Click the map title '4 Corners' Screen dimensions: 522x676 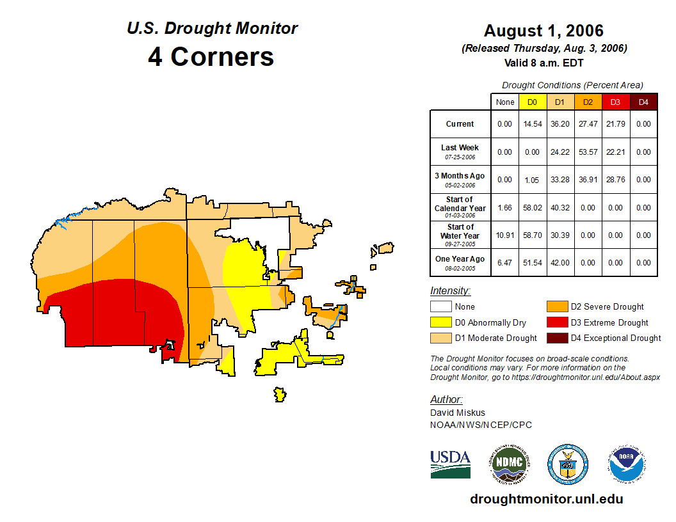click(x=211, y=57)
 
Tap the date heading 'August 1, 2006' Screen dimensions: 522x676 click(x=543, y=31)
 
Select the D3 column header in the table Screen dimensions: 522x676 click(x=615, y=102)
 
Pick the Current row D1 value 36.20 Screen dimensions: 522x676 click(x=560, y=124)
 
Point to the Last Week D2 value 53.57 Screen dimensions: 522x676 click(x=588, y=152)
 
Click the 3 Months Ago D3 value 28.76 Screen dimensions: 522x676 click(x=615, y=180)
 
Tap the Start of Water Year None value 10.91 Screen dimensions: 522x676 click(x=505, y=235)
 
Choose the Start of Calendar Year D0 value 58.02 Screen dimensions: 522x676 click(x=533, y=208)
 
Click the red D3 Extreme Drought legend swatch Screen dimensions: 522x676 click(x=556, y=322)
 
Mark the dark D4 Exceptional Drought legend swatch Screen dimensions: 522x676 click(x=556, y=338)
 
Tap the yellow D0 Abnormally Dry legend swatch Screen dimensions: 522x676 click(x=440, y=322)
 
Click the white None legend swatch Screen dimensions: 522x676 click(x=440, y=307)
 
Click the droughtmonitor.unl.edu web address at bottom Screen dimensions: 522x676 click(x=546, y=499)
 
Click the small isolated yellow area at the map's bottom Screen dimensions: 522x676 click(x=279, y=394)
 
